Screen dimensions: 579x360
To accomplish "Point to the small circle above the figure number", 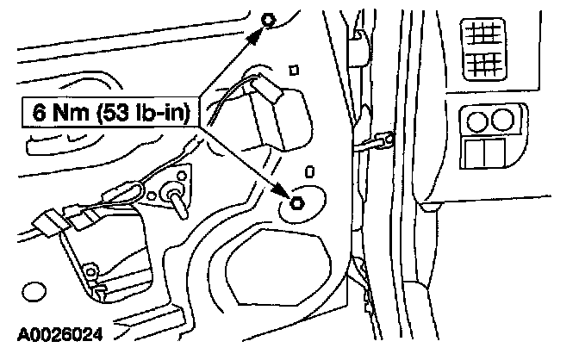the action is tap(34, 294).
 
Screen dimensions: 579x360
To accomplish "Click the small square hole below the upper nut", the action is tap(294, 70).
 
